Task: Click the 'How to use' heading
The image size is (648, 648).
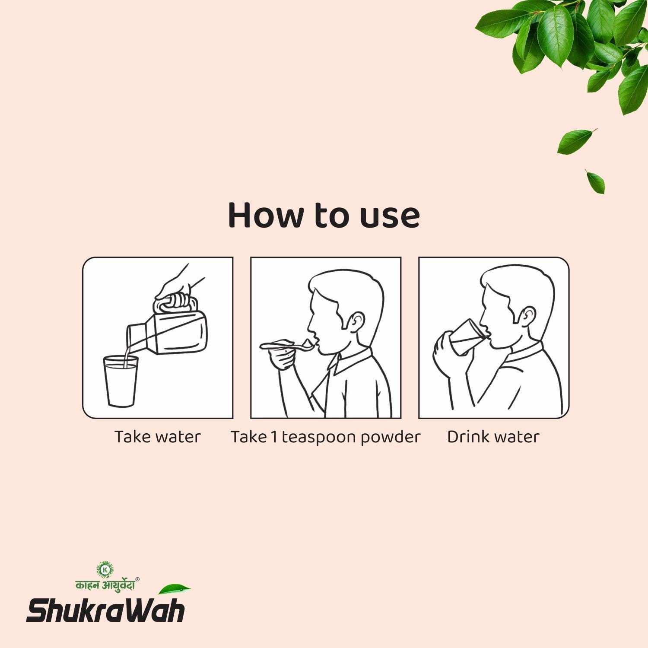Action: pos(324,215)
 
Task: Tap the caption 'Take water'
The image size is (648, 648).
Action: pos(157,437)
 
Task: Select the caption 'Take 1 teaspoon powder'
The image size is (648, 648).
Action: pos(325,437)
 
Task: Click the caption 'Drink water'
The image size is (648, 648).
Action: pos(493,437)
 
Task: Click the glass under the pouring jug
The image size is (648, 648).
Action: pos(121,381)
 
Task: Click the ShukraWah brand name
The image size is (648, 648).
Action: pos(106,610)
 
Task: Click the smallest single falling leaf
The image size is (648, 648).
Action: pos(596,181)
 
